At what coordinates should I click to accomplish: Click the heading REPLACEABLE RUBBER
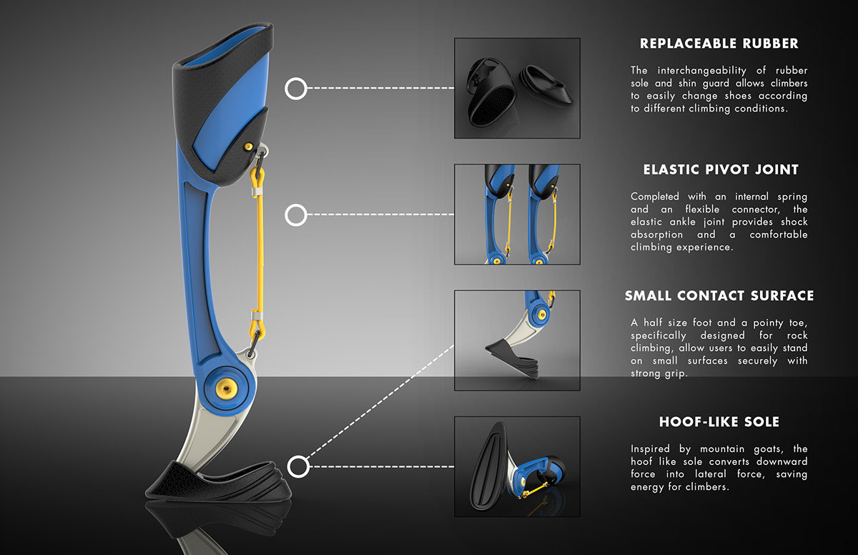pyautogui.click(x=719, y=44)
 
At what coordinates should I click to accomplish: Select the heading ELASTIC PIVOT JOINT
pyautogui.click(x=720, y=170)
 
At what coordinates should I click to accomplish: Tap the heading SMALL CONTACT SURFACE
pyautogui.click(x=719, y=296)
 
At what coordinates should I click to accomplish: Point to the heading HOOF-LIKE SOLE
pyautogui.click(x=719, y=422)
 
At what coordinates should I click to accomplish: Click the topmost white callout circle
pyautogui.click(x=296, y=89)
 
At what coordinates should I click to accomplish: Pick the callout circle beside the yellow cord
pyautogui.click(x=296, y=215)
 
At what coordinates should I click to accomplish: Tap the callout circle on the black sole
pyautogui.click(x=298, y=467)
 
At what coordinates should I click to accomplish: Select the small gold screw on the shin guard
pyautogui.click(x=249, y=146)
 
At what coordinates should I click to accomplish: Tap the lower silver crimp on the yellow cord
pyautogui.click(x=254, y=316)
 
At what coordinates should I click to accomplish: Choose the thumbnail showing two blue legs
pyautogui.click(x=517, y=214)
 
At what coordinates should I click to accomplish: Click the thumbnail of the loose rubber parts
pyautogui.click(x=517, y=88)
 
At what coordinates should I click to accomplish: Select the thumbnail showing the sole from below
pyautogui.click(x=517, y=466)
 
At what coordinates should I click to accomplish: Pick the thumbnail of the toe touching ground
pyautogui.click(x=517, y=340)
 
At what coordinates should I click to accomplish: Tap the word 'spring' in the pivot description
pyautogui.click(x=790, y=196)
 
